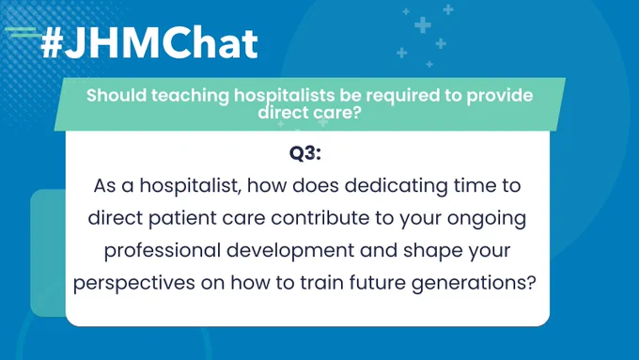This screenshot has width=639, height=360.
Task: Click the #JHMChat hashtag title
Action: pyautogui.click(x=149, y=43)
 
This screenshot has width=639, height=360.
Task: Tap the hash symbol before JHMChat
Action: pyautogui.click(x=52, y=44)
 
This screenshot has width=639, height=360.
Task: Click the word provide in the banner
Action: pyautogui.click(x=499, y=96)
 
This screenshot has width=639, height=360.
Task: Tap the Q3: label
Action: pyautogui.click(x=305, y=154)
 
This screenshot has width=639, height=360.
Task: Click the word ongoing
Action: pyautogui.click(x=487, y=219)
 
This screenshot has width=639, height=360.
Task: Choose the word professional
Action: pyautogui.click(x=163, y=251)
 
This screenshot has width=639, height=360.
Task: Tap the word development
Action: pyautogui.click(x=290, y=251)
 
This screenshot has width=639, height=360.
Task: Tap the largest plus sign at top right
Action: pyautogui.click(x=423, y=25)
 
